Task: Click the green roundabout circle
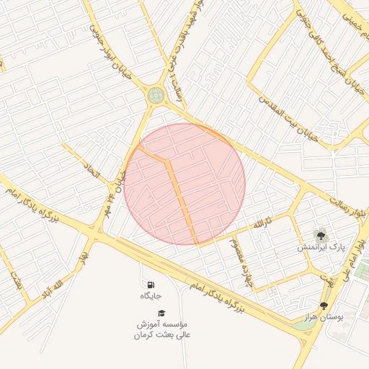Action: (156, 95)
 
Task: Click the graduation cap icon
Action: (161, 313)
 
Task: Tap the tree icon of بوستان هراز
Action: (323, 306)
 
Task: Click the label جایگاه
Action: (151, 295)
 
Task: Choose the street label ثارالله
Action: (263, 223)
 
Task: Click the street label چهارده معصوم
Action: (239, 257)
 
